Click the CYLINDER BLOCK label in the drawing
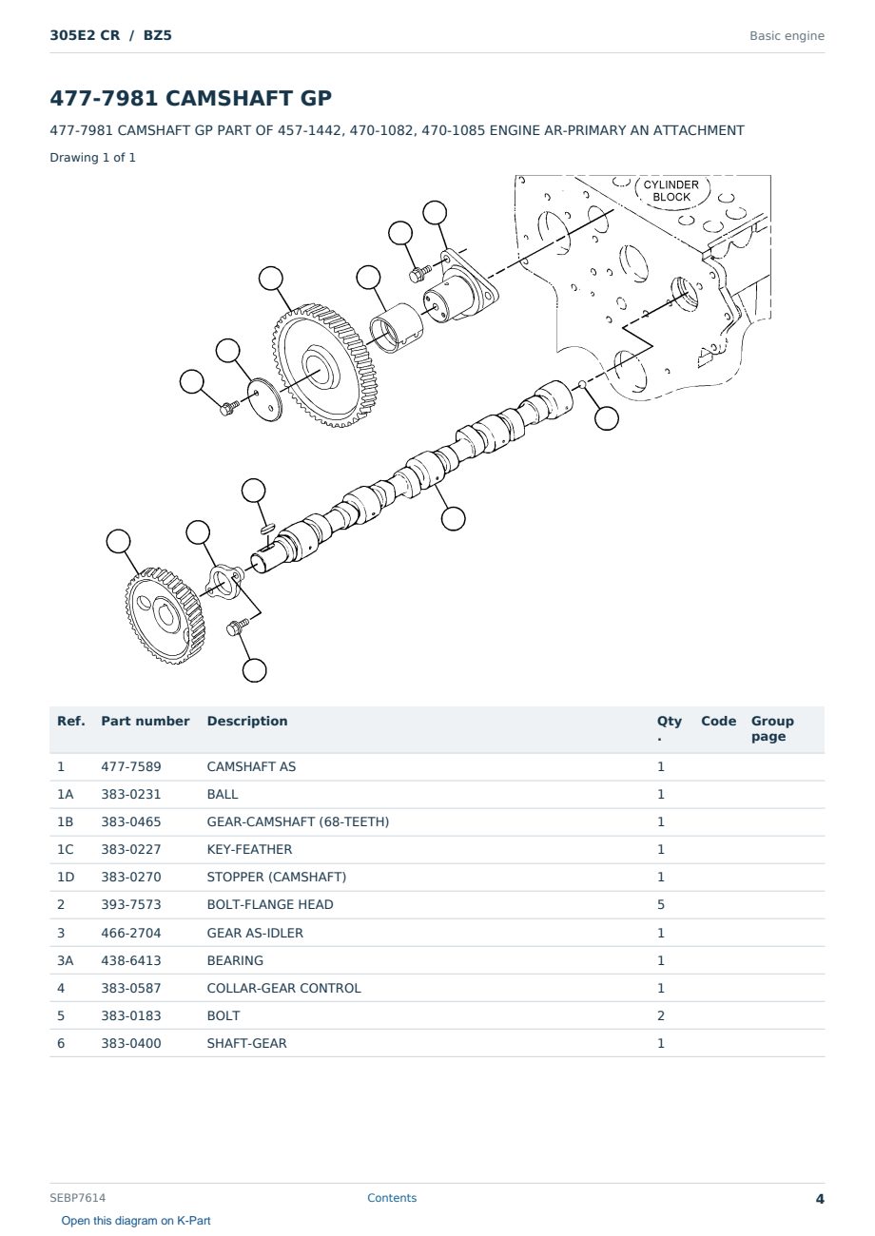coord(671,191)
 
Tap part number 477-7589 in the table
coord(131,766)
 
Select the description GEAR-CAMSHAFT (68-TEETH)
coord(298,821)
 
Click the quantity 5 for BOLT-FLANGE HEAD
coord(661,904)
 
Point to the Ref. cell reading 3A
coord(65,960)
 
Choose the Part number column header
coord(146,722)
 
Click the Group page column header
coord(772,728)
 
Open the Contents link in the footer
coord(392,1198)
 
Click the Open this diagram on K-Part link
coord(136,1221)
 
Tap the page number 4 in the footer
coord(820,1199)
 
